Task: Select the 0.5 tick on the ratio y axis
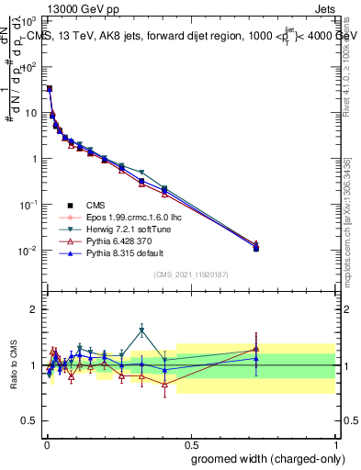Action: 30,422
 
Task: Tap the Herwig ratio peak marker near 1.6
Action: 141,330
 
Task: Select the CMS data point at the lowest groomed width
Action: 49,89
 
